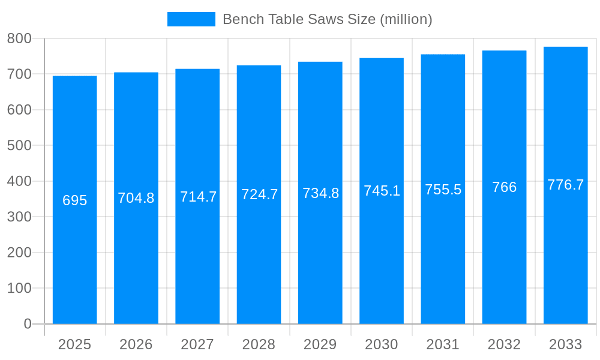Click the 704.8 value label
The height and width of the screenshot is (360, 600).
[136, 198]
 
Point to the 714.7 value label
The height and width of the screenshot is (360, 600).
[198, 196]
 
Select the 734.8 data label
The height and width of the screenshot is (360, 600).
[320, 193]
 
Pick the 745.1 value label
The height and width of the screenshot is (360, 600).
[382, 191]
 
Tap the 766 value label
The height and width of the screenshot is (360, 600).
[504, 187]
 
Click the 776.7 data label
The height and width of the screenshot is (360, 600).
[565, 185]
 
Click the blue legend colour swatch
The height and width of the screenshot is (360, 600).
[191, 19]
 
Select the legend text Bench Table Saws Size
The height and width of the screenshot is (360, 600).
[327, 19]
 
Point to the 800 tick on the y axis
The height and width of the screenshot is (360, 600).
[19, 38]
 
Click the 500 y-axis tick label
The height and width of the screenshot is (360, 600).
[19, 145]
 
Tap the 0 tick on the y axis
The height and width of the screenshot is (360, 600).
[27, 324]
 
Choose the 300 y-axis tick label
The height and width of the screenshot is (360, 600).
[19, 217]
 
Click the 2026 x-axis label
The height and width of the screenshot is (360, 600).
[136, 344]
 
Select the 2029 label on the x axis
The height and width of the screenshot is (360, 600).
[320, 344]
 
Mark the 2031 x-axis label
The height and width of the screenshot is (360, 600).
[443, 344]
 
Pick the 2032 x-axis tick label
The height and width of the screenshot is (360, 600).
[504, 344]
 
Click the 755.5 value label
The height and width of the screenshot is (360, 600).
[443, 190]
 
